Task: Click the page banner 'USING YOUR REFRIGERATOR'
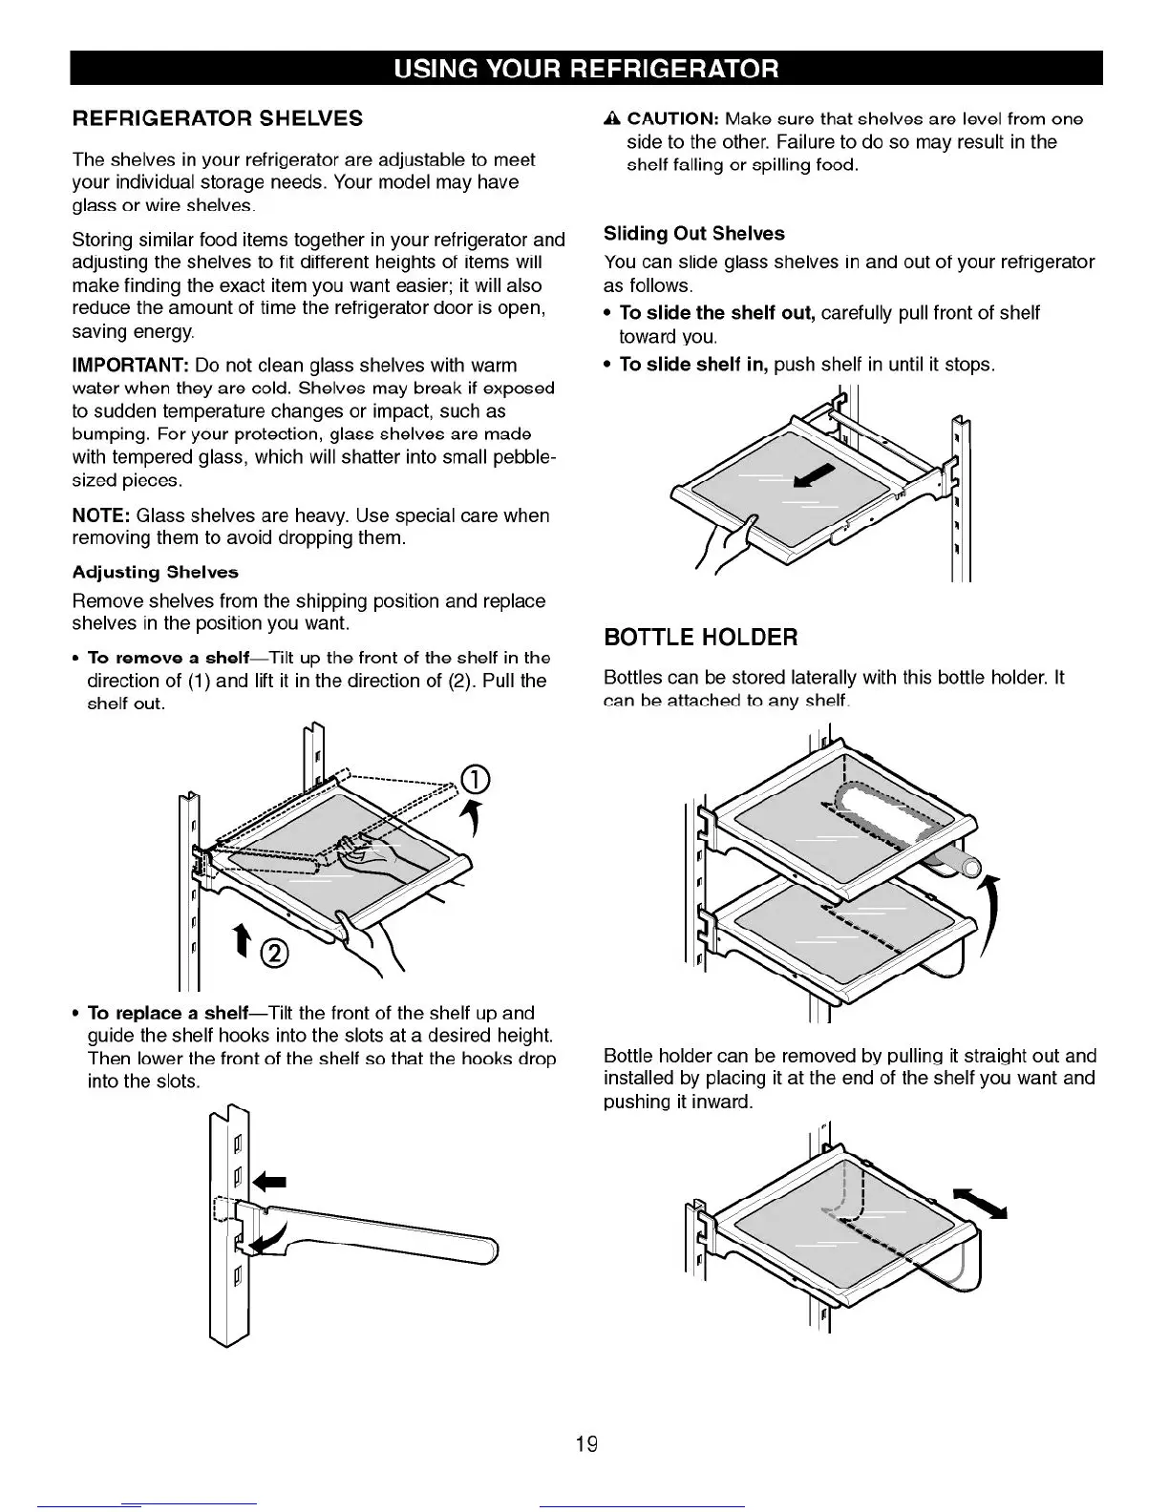click(585, 69)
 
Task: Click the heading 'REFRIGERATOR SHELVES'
click(218, 118)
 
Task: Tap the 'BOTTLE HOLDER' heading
click(700, 638)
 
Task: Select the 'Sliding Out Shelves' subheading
click(693, 234)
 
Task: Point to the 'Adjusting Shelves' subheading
click(156, 573)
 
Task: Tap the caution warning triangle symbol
click(612, 119)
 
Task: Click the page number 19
click(585, 1443)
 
